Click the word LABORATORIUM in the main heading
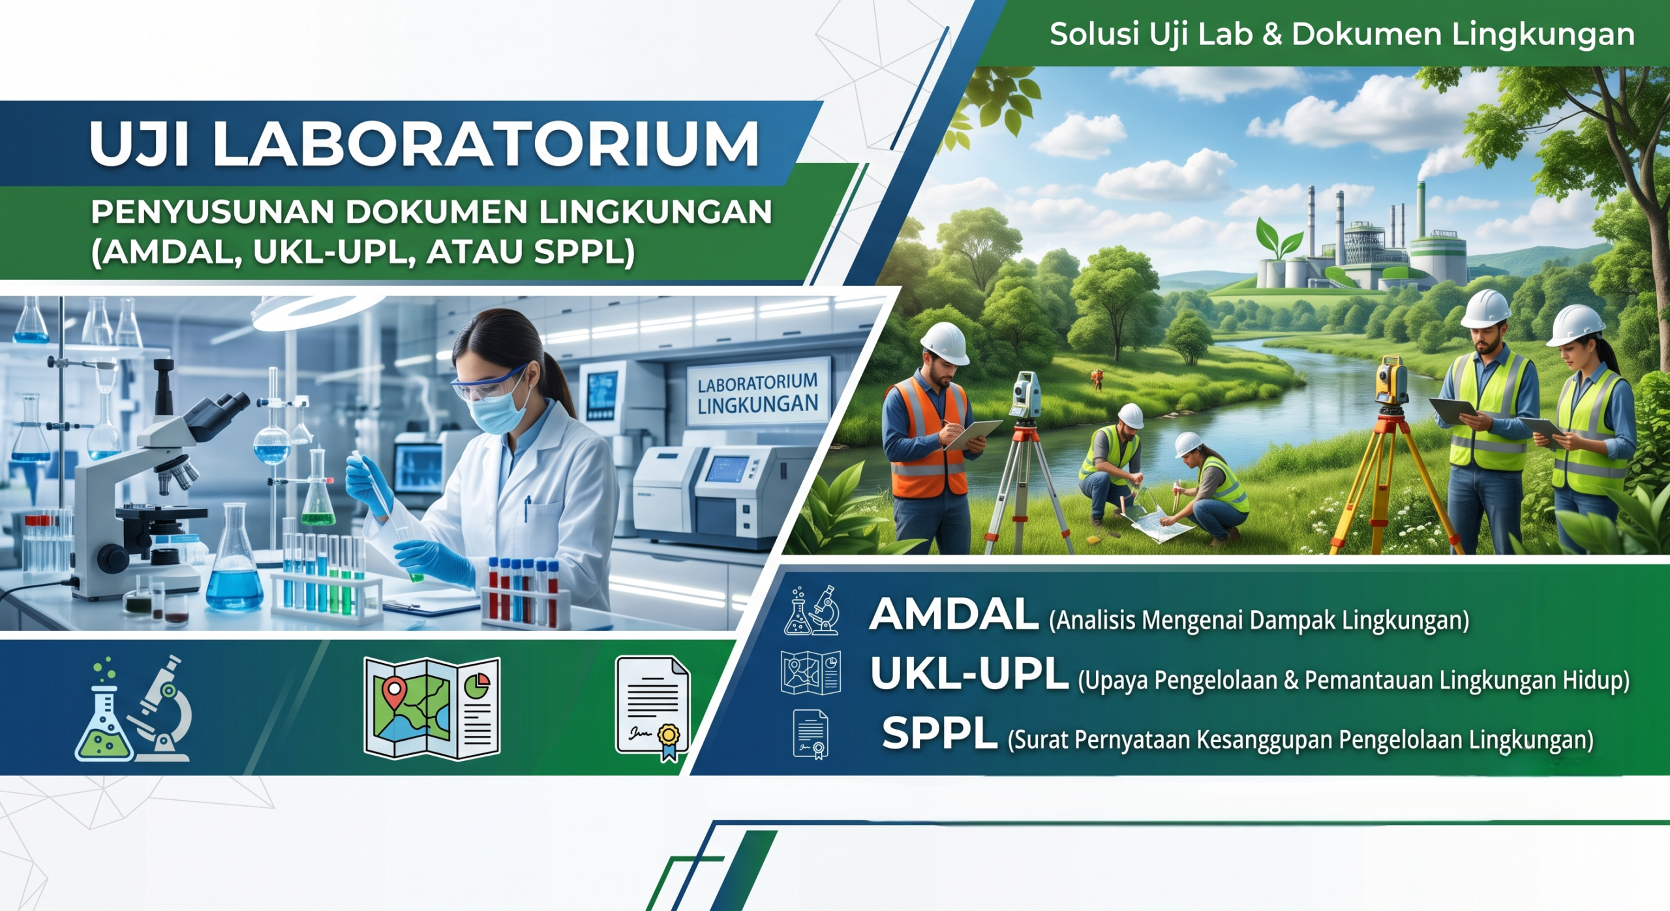point(486,144)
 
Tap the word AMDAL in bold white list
point(954,614)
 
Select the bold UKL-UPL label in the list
point(969,673)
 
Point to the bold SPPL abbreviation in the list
point(940,733)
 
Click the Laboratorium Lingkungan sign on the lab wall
point(757,394)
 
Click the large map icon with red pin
point(432,708)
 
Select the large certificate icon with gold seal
point(653,709)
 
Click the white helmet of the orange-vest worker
point(945,343)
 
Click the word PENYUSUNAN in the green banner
point(212,212)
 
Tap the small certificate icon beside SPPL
point(811,734)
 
